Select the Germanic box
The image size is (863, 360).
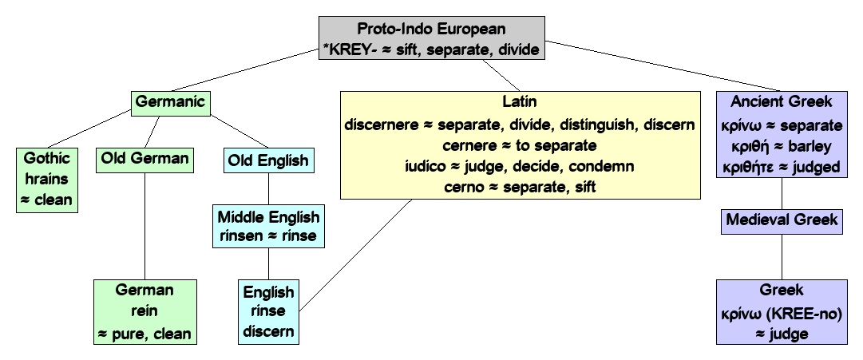(x=170, y=101)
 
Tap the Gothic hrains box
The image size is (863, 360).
(x=46, y=179)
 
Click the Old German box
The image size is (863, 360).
(x=144, y=158)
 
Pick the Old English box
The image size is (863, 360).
(x=267, y=160)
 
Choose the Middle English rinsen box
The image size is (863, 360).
(x=267, y=226)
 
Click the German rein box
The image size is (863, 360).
(x=144, y=311)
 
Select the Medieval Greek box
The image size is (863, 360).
(x=782, y=220)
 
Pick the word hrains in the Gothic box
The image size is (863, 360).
(x=46, y=179)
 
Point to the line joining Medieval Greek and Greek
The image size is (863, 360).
(x=782, y=255)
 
